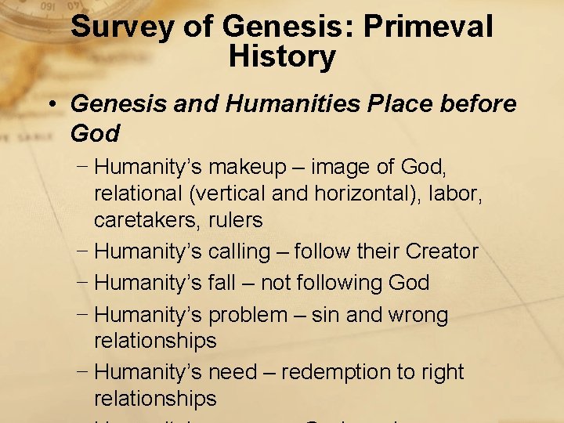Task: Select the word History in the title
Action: (282, 57)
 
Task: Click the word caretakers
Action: (146, 221)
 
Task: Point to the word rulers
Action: (235, 221)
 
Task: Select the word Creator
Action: (441, 251)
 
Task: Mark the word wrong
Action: (412, 315)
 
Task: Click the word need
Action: (236, 372)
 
